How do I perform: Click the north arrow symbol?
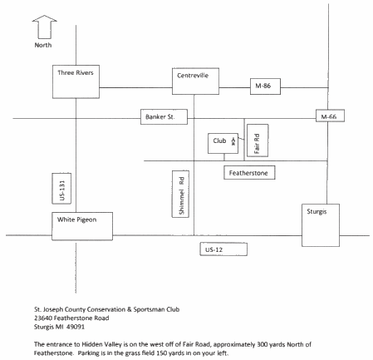coord(42,25)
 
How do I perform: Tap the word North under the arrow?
coord(42,45)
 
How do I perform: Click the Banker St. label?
coord(164,118)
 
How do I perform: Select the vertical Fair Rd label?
coord(258,143)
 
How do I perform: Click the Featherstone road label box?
coord(250,172)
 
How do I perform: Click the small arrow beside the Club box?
coord(233,142)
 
